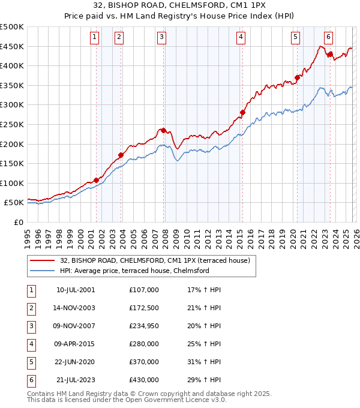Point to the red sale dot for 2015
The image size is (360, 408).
click(242, 112)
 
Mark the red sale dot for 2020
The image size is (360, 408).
click(297, 77)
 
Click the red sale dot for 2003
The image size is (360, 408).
click(121, 155)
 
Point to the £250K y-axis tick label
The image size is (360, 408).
click(12, 124)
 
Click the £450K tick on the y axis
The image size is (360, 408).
click(12, 46)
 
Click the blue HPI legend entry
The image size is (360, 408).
click(134, 271)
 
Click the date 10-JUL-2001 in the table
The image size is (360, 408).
click(75, 290)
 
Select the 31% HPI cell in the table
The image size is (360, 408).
click(204, 362)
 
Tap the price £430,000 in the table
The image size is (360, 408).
click(143, 380)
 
